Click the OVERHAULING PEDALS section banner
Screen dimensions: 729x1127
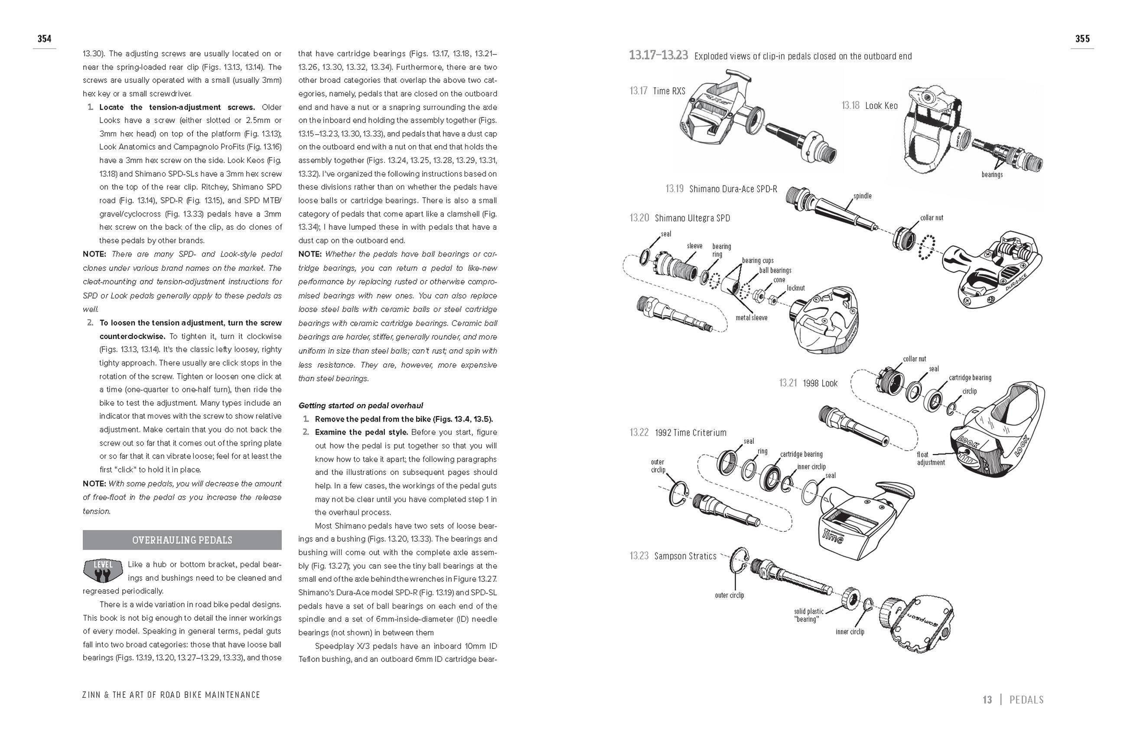182,540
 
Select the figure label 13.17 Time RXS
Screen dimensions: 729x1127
657,91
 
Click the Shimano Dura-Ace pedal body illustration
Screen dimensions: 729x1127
994,270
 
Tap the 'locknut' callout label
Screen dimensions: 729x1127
795,288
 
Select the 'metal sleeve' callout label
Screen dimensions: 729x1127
751,318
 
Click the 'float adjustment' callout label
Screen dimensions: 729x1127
931,458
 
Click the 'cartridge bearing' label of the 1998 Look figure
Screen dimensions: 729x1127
970,377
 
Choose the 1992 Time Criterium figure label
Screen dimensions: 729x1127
678,432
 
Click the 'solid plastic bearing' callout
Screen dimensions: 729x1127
808,615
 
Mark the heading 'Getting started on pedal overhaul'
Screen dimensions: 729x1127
361,405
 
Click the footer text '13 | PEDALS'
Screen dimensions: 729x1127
1013,699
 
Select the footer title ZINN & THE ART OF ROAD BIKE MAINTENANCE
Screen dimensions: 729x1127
171,694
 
